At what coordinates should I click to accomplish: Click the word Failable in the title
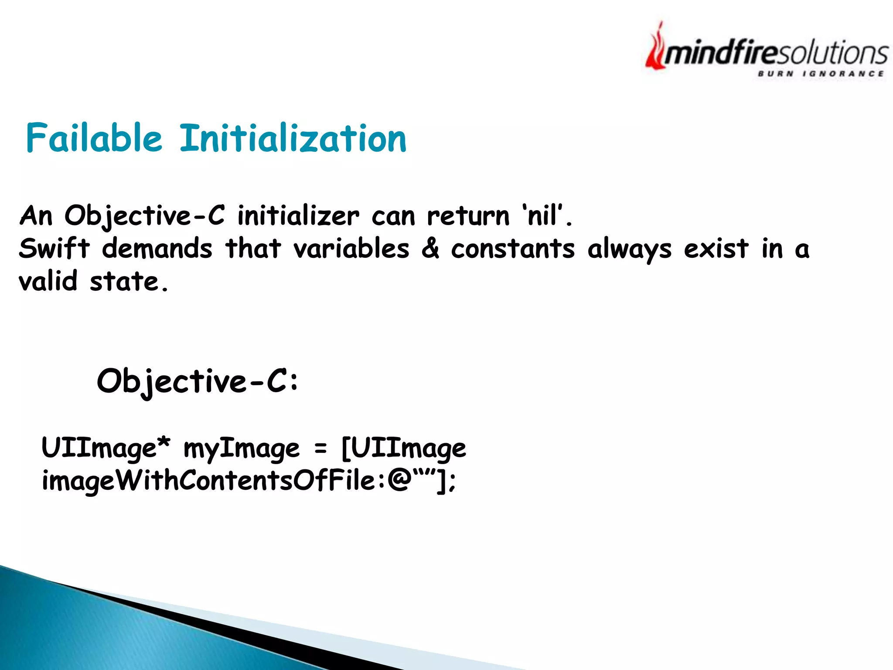94,138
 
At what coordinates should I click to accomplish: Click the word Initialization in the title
293,138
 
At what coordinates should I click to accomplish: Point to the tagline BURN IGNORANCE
821,74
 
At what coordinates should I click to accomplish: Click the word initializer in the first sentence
298,215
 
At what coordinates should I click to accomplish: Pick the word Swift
54,248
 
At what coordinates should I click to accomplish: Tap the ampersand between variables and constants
430,248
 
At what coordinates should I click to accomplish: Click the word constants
513,249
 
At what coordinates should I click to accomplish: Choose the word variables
351,248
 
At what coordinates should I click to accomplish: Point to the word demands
157,248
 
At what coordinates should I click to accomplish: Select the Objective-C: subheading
198,381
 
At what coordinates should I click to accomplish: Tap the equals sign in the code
320,448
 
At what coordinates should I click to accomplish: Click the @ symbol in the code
399,481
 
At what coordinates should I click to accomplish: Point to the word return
468,215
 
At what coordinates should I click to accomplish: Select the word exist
716,248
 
